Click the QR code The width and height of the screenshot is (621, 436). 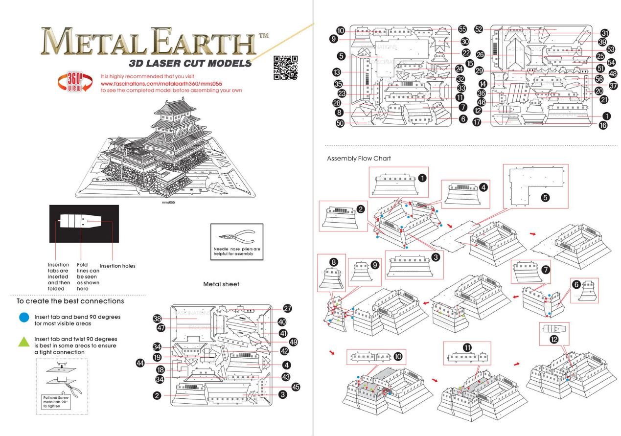pos(285,68)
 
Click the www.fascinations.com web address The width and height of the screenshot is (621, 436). pos(161,83)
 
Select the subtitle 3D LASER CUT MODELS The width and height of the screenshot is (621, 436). pos(190,63)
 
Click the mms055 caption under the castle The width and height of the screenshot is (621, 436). pos(168,202)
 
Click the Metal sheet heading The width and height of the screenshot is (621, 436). pos(221,284)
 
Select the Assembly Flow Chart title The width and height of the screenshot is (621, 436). pos(359,159)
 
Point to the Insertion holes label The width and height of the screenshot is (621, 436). pos(117,266)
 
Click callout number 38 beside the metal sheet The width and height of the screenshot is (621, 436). pos(157,318)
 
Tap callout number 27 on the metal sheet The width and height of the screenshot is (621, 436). pos(287,309)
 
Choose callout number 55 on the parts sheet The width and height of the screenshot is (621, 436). pos(462,29)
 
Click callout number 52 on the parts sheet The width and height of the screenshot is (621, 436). pos(479,29)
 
